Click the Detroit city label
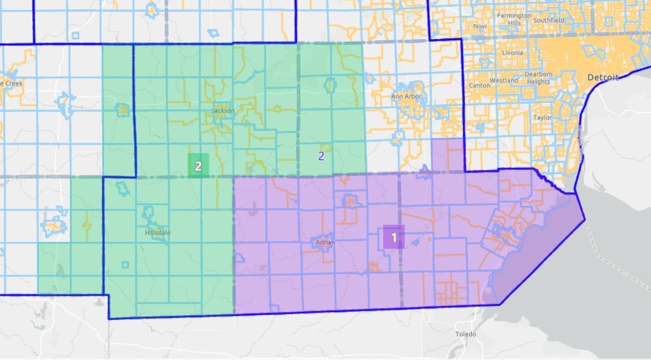tap(603, 77)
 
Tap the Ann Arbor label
tap(406, 97)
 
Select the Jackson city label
tap(223, 110)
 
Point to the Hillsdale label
tap(157, 232)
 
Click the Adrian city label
tap(325, 243)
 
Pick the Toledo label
tap(466, 334)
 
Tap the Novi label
tap(480, 26)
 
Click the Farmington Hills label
tap(514, 19)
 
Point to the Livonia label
tap(512, 53)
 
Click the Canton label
tap(479, 85)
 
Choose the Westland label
tap(504, 81)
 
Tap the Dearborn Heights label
tap(538, 78)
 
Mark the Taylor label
tap(542, 118)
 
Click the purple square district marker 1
tap(394, 238)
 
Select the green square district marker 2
tap(198, 166)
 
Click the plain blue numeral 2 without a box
tap(321, 156)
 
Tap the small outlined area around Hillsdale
tap(148, 212)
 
